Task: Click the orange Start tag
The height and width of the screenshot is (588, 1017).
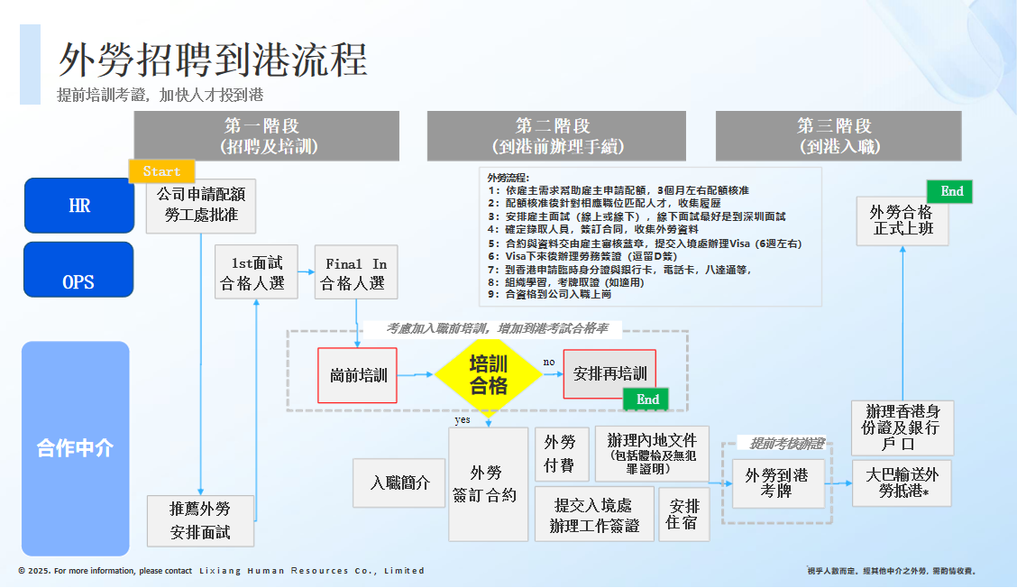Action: pos(161,171)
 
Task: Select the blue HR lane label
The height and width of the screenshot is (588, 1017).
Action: pos(78,206)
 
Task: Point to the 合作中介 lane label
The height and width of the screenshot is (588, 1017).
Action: pos(76,448)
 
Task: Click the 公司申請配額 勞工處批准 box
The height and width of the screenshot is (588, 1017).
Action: pos(200,206)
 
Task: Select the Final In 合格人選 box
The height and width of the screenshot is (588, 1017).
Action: pos(355,273)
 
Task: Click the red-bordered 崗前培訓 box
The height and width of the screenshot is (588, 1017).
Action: pos(357,374)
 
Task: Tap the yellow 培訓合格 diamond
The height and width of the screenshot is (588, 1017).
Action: pos(488,374)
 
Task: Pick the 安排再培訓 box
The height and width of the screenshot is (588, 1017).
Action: pos(609,373)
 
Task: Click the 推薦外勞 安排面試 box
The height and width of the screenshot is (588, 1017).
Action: pos(200,520)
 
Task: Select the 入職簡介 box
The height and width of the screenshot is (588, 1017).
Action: pos(400,483)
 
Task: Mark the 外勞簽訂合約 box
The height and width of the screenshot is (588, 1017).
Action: pos(488,484)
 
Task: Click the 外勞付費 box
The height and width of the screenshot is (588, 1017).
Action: pos(561,454)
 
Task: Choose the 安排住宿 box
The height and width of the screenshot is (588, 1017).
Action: pos(684,514)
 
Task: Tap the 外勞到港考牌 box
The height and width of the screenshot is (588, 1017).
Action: pos(776,483)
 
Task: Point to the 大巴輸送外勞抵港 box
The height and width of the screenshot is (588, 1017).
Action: pos(902,482)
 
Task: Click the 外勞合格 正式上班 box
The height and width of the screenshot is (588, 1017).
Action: pos(902,221)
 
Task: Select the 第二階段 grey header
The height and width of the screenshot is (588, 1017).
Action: pos(555,135)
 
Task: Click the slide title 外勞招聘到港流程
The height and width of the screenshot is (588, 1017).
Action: pos(214,60)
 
